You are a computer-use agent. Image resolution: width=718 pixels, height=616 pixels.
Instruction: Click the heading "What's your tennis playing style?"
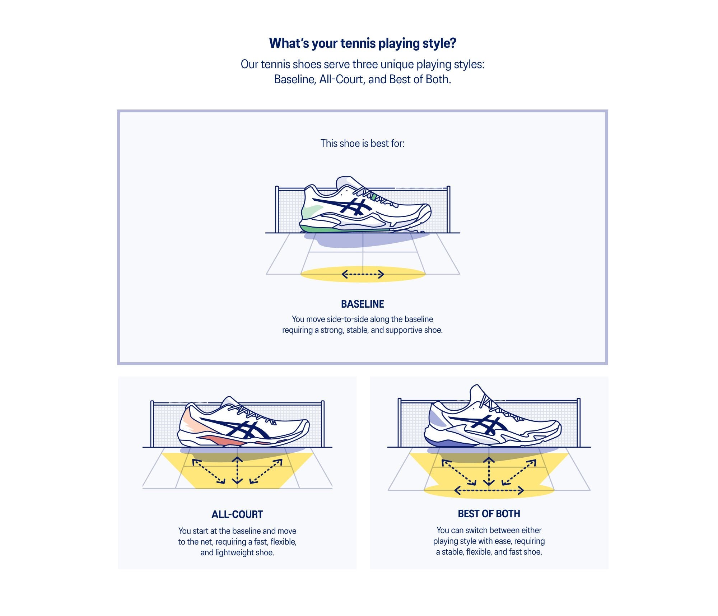click(x=363, y=43)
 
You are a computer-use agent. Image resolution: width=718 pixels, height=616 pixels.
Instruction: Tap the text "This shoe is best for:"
click(x=363, y=144)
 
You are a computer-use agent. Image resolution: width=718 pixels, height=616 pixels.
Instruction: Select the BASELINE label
click(x=363, y=304)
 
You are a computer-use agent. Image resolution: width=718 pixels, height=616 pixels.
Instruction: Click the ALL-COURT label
click(x=237, y=514)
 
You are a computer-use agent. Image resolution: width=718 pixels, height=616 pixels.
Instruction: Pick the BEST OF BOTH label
click(x=489, y=514)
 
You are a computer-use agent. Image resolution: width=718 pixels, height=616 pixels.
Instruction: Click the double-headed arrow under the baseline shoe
click(x=363, y=275)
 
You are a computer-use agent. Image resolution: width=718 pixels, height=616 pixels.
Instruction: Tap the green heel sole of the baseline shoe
click(x=316, y=229)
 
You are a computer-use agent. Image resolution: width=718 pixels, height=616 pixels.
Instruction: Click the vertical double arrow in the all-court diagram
click(x=237, y=471)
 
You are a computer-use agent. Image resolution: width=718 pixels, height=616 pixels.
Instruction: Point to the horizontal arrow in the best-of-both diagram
click(x=489, y=490)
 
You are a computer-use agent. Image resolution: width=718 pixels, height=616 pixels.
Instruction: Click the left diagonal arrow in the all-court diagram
click(x=209, y=471)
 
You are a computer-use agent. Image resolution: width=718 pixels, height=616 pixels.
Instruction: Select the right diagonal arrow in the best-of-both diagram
click(x=519, y=472)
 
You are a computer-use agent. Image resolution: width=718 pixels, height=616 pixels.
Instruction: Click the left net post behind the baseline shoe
click(x=277, y=209)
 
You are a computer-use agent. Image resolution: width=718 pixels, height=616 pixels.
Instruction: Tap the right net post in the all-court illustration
click(x=323, y=424)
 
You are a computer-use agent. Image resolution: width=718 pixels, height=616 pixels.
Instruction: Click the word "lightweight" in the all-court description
click(x=234, y=552)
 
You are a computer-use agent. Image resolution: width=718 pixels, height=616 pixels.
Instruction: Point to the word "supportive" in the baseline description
click(x=404, y=330)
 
